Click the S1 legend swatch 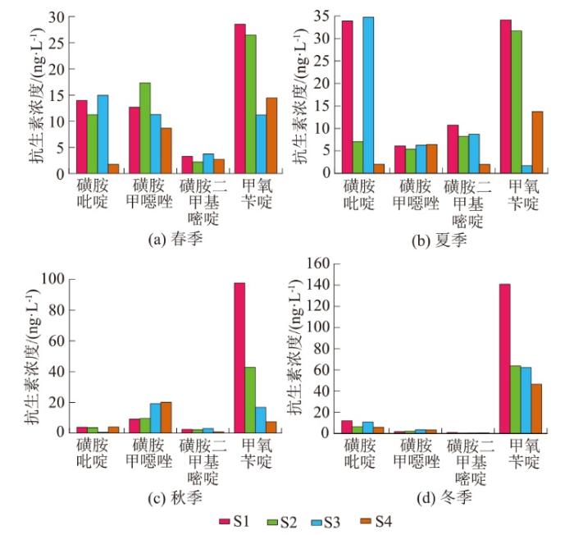coord(225,520)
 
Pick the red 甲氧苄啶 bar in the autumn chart coord(239,357)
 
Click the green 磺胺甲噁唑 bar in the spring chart coord(145,128)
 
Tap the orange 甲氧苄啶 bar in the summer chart coord(537,142)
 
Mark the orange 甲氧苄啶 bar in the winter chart coord(536,408)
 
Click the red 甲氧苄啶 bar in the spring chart coord(239,98)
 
